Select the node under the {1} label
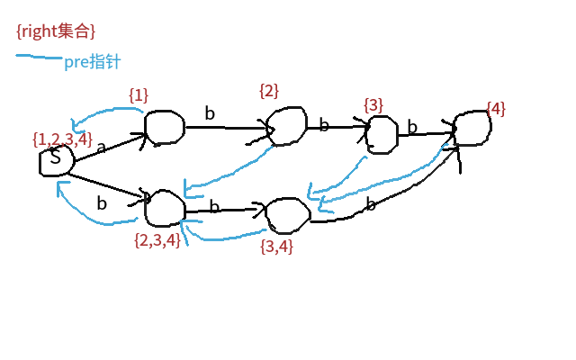(x=164, y=127)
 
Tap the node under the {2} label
(x=287, y=127)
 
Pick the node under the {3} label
(x=382, y=133)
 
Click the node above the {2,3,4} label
(x=164, y=208)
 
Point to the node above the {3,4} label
(x=287, y=214)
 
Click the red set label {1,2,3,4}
(x=61, y=139)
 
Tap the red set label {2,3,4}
(x=157, y=239)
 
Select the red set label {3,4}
(x=275, y=244)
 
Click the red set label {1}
(x=138, y=94)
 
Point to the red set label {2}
(x=268, y=90)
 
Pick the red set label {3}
(x=373, y=105)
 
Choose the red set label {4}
(x=495, y=109)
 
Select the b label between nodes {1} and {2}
(x=210, y=113)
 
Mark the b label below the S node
(x=102, y=203)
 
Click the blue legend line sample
(x=38, y=59)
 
